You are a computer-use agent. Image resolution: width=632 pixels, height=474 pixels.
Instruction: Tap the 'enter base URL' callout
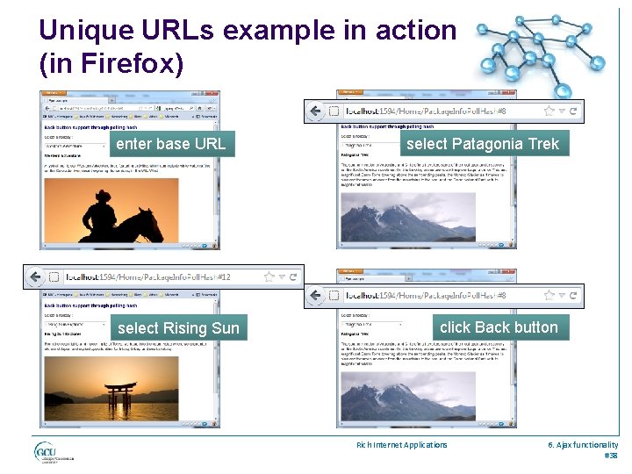[170, 144]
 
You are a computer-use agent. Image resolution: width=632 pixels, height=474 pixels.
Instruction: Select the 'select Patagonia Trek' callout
[482, 144]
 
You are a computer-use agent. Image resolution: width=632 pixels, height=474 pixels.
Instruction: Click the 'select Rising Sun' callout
[178, 328]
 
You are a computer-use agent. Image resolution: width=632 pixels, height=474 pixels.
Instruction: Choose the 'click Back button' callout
[499, 327]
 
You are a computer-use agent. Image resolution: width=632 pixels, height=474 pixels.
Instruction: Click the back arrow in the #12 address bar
[35, 277]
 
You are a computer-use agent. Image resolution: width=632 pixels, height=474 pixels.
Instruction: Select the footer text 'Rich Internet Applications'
[401, 445]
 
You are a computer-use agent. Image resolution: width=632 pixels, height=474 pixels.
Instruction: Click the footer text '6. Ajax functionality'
[583, 445]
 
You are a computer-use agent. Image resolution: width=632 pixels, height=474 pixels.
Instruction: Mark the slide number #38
[611, 456]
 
